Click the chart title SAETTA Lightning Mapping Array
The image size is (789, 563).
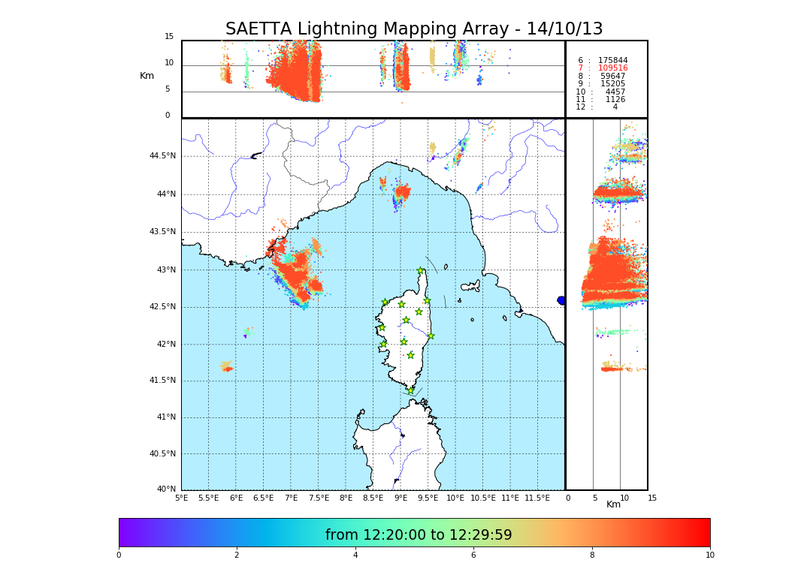[x=414, y=29]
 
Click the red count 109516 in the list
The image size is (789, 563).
[x=612, y=68]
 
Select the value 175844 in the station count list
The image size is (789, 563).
[x=612, y=61]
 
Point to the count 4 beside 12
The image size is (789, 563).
[x=615, y=107]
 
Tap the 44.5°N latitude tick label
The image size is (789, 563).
[x=162, y=156]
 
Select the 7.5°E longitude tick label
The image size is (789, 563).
[x=319, y=498]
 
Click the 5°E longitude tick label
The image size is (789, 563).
[x=182, y=498]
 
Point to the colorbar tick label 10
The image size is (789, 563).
[x=709, y=555]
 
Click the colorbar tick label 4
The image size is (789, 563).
[x=355, y=555]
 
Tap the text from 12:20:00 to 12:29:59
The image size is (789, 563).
[x=419, y=535]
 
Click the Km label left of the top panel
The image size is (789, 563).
[x=147, y=76]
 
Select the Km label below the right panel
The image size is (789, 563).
[x=614, y=504]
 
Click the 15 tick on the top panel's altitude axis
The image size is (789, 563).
[x=169, y=37]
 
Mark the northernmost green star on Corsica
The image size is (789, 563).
[x=421, y=271]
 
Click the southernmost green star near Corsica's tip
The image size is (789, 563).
[x=410, y=390]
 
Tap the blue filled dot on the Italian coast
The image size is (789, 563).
[x=561, y=300]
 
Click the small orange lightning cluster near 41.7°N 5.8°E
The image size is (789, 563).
[x=226, y=367]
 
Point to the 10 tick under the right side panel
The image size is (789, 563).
[x=624, y=498]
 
